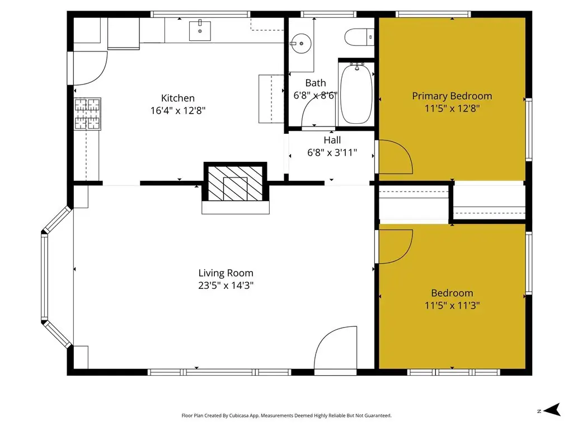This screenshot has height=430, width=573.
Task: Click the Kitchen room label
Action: click(x=178, y=98)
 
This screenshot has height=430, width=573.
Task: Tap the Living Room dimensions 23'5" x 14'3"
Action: click(x=226, y=286)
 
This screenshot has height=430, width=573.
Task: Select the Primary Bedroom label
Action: click(x=452, y=96)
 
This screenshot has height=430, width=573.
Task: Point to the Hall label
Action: click(x=332, y=140)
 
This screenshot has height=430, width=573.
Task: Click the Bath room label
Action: click(x=316, y=83)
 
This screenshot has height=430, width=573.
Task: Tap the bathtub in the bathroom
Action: click(x=356, y=94)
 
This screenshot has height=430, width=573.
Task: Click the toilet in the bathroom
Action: click(x=360, y=38)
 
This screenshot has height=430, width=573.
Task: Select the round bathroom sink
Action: click(x=301, y=44)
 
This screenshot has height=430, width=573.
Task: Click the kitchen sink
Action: click(x=200, y=31)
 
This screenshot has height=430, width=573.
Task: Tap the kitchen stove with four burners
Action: click(x=88, y=114)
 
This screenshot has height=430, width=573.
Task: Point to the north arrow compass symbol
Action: click(x=552, y=409)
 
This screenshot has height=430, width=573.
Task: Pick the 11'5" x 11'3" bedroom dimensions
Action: click(x=452, y=305)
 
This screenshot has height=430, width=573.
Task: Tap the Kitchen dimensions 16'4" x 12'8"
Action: click(x=178, y=110)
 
